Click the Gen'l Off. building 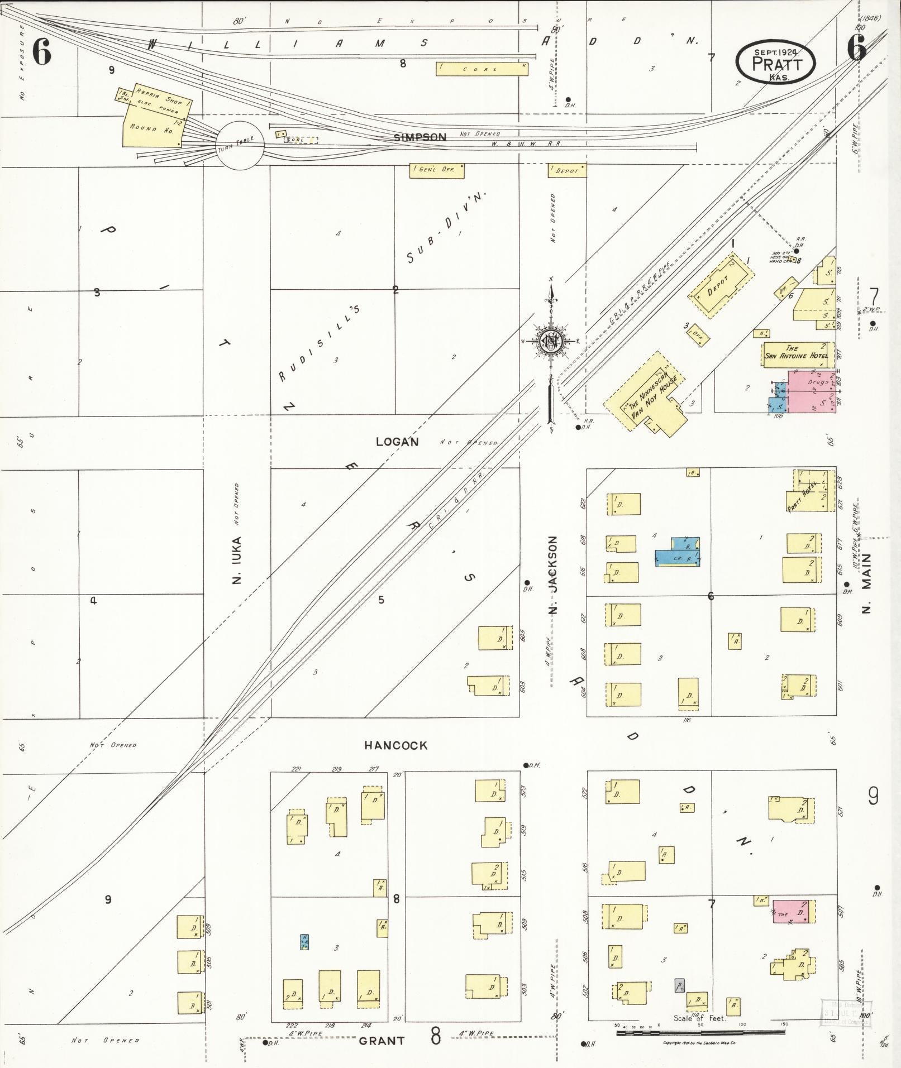[437, 170]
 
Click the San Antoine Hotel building [795, 354]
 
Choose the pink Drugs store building [811, 391]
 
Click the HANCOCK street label [395, 745]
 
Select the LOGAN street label [397, 442]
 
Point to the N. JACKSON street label [553, 575]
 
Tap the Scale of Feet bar [701, 1033]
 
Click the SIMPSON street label [419, 137]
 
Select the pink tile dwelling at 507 [793, 911]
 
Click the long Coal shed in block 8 [482, 69]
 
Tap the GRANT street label [382, 1041]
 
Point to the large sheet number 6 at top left [42, 52]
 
